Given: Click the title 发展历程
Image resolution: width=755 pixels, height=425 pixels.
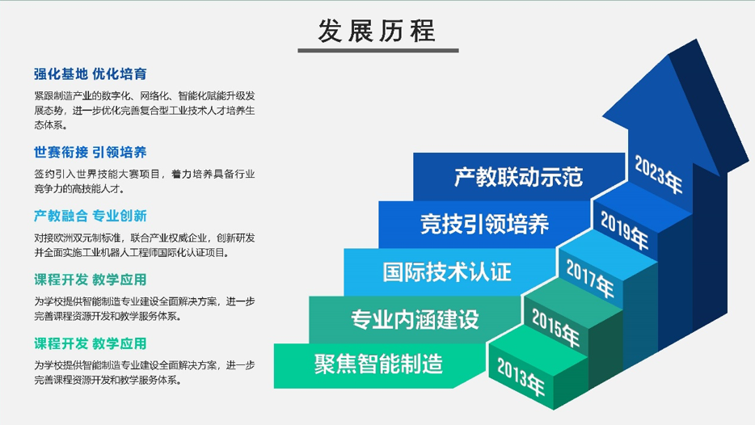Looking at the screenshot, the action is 377,31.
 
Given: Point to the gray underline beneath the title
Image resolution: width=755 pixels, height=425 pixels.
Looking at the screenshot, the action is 378,50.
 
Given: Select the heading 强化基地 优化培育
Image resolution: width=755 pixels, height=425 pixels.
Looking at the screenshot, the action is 90,74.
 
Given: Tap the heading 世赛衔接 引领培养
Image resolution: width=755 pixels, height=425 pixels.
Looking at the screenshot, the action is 90,152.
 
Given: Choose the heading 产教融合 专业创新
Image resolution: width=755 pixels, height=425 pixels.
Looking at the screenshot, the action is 90,216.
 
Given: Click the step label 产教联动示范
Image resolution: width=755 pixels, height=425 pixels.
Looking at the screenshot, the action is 519,177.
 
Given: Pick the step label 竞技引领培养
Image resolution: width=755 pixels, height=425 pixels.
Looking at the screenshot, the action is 484,225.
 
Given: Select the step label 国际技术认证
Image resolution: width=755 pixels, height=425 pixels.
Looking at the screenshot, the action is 447,272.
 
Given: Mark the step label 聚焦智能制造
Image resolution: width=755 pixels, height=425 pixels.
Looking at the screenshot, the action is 378,364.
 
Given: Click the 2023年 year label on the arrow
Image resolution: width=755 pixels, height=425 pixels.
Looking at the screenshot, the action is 658,175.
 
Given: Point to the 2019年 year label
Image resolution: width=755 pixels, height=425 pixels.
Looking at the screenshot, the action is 624,231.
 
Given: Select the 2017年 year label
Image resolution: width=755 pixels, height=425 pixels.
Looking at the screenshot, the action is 590,279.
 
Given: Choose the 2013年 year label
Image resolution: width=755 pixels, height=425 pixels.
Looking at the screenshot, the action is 521,377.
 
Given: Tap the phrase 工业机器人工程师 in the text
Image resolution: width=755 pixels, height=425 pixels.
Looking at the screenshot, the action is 123,253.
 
